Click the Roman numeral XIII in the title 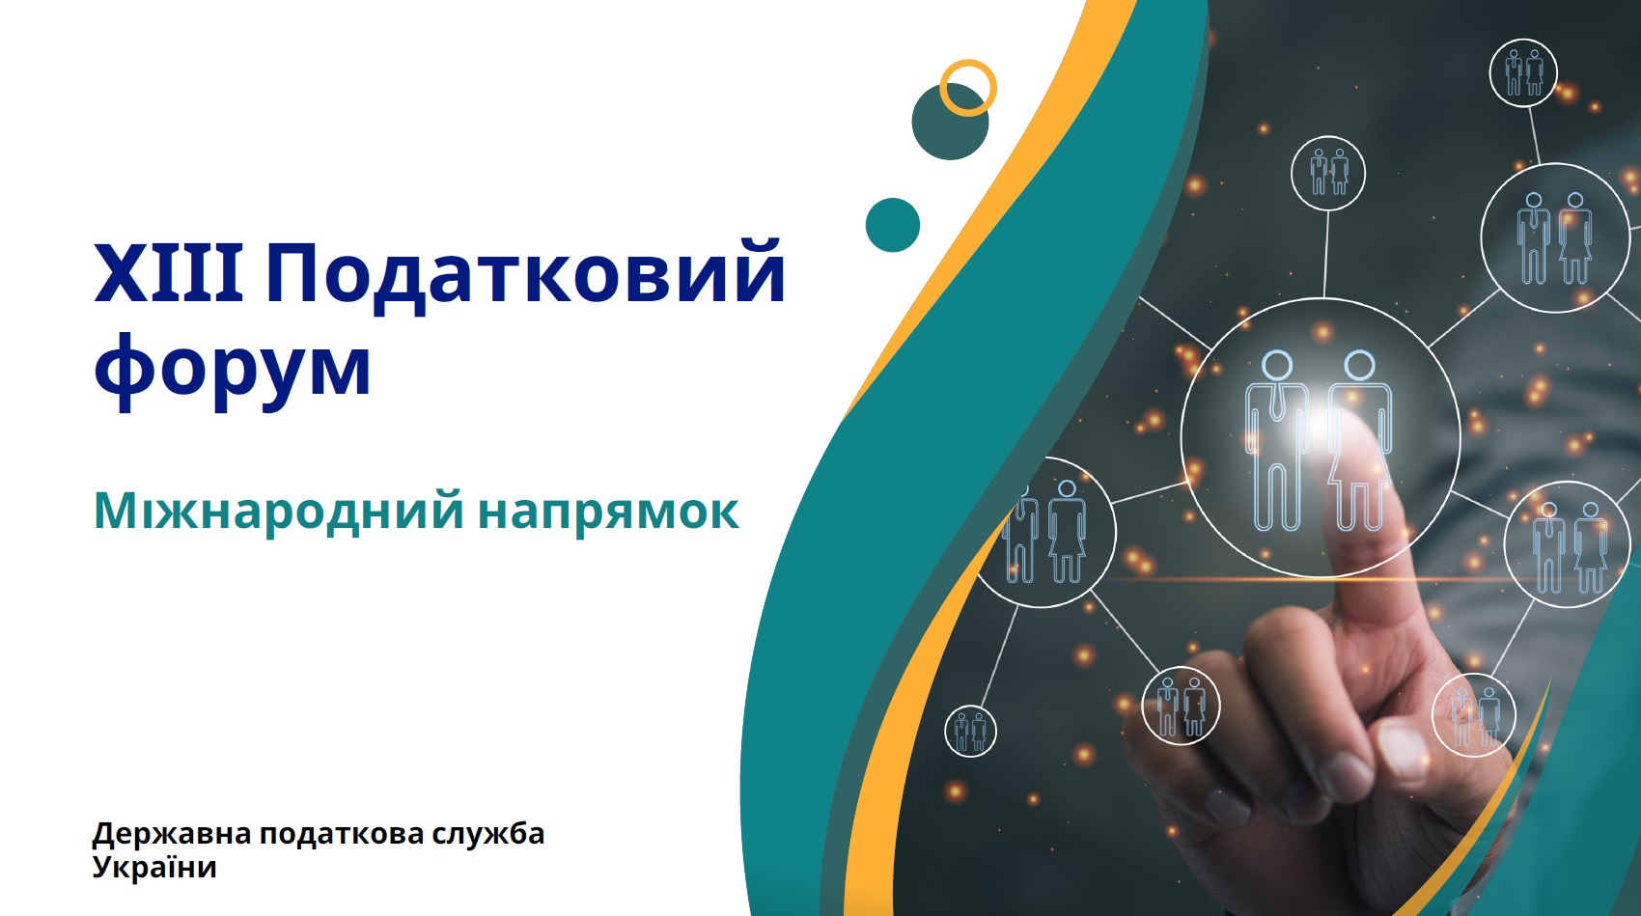tap(169, 273)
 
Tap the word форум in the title tap(232, 370)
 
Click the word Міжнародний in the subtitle tap(279, 511)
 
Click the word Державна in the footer tap(172, 834)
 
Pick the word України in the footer tap(154, 867)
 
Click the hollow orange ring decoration tap(968, 62)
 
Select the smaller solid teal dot tap(892, 225)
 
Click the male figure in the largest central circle tap(1276, 440)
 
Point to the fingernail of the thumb tap(1403, 750)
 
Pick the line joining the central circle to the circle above tap(1326, 254)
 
